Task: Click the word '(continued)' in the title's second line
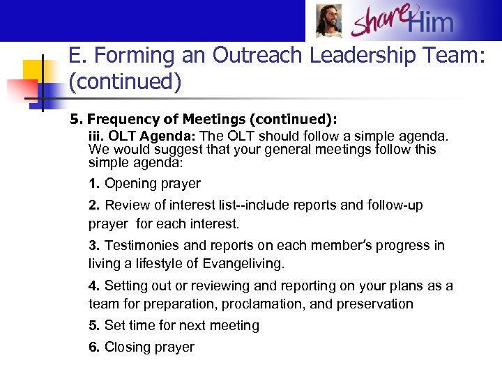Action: click(125, 82)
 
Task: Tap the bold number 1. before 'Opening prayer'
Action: click(94, 184)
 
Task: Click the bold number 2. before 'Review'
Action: click(94, 205)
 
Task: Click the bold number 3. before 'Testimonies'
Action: click(94, 246)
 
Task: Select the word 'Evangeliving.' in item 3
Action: click(245, 264)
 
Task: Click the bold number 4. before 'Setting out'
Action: click(94, 286)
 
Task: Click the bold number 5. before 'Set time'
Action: click(94, 326)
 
